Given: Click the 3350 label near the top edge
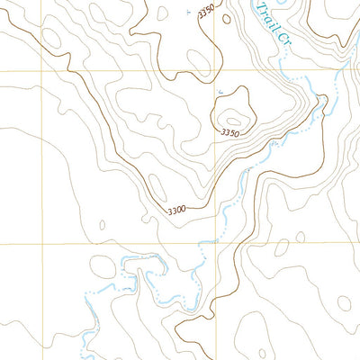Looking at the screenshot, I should click(209, 15).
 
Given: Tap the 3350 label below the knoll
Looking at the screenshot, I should click(231, 133).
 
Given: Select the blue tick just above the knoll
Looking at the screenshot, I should click(220, 91).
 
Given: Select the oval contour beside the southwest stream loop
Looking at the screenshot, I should click(103, 267).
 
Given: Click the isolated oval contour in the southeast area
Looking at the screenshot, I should click(283, 245).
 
